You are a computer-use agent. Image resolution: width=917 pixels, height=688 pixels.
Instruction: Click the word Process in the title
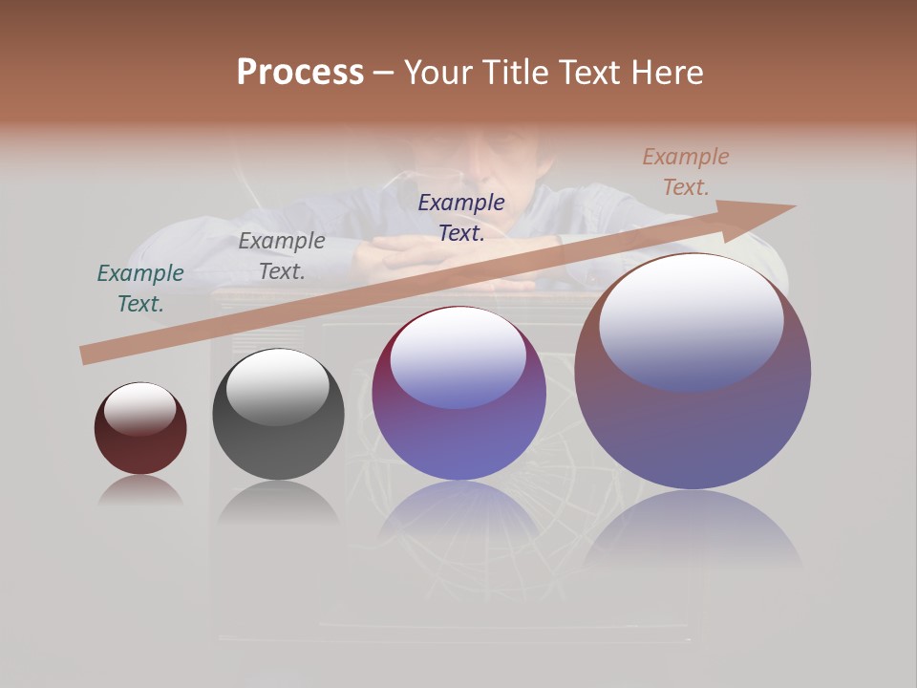tap(300, 72)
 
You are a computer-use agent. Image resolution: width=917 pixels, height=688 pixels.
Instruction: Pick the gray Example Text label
tap(282, 256)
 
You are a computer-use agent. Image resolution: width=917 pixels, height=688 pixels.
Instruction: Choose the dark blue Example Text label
tap(461, 218)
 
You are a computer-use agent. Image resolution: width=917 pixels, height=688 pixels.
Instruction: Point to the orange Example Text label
tap(686, 172)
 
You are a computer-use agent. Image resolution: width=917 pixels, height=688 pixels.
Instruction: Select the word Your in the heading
tap(438, 72)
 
